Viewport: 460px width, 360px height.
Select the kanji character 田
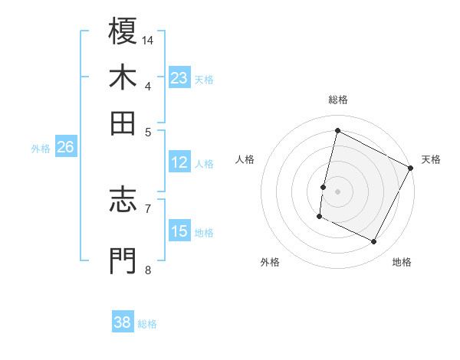[123, 123]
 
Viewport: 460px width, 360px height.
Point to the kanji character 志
[123, 200]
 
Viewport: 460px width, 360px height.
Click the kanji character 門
[123, 260]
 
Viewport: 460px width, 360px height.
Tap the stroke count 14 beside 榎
[148, 40]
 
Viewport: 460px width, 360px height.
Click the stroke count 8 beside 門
[148, 270]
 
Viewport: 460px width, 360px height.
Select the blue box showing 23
[179, 78]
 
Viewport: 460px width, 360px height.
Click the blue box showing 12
[179, 162]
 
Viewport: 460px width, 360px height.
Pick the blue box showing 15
[179, 231]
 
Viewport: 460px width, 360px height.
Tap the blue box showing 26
[65, 148]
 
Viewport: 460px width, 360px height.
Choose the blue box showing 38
[123, 322]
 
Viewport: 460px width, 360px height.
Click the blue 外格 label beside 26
[41, 149]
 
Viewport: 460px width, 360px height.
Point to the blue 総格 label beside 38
[147, 324]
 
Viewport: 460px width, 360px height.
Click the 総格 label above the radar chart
[337, 100]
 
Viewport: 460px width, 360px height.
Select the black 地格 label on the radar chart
[402, 262]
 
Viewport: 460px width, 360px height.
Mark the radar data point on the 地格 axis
[374, 242]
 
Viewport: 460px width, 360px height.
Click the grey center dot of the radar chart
[337, 191]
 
